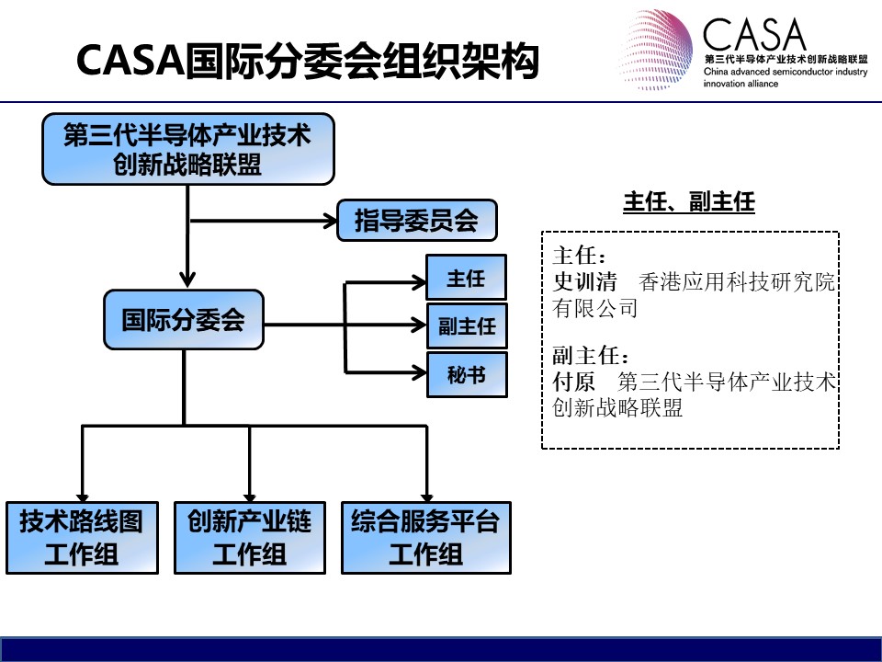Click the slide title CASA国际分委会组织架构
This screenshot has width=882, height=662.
click(308, 61)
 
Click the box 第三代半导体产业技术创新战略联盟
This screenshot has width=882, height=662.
click(188, 149)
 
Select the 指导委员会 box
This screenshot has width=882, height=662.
click(417, 220)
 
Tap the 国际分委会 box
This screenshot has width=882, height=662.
click(184, 320)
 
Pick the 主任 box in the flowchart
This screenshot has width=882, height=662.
click(467, 277)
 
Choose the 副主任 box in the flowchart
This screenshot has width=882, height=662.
click(467, 325)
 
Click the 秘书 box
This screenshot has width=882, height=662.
click(467, 374)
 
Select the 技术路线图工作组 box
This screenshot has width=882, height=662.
click(82, 538)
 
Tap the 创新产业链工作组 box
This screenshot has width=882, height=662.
click(250, 538)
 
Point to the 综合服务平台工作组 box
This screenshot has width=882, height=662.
click(425, 538)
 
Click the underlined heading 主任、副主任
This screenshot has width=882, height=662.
click(689, 202)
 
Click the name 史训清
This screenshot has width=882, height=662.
click(585, 281)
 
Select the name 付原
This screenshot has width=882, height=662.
click(573, 382)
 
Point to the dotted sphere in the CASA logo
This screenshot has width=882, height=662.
click(655, 50)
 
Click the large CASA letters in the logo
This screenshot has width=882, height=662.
click(753, 34)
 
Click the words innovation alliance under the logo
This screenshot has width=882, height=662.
click(741, 84)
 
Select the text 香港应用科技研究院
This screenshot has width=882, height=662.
click(737, 281)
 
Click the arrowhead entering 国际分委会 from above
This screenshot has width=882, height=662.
click(187, 280)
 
